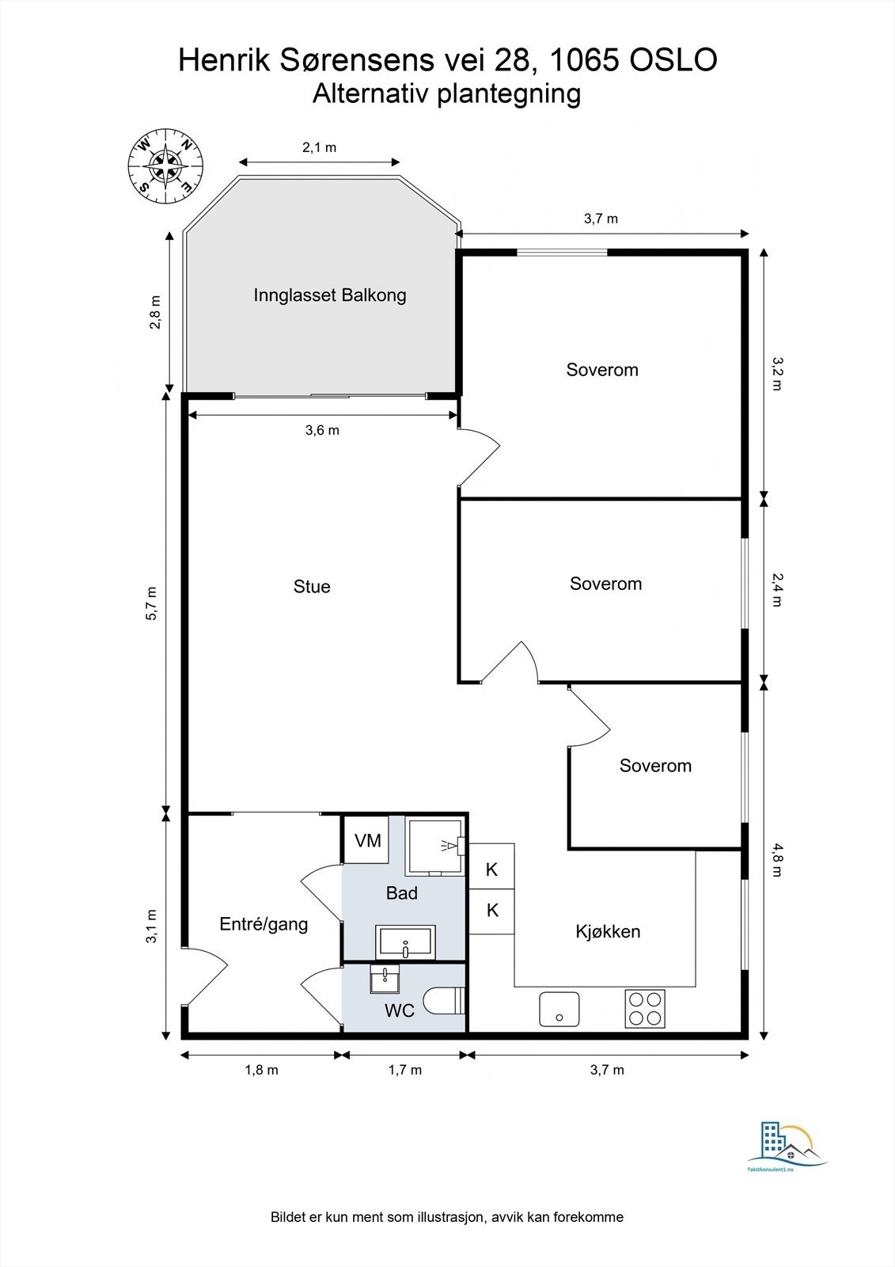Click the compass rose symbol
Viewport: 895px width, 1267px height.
pos(165,166)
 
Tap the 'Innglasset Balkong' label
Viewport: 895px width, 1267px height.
pos(330,295)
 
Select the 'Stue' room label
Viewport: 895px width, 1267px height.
pos(312,587)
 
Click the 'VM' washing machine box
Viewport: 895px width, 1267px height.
pos(367,840)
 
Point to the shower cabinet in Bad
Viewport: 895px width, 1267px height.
pos(435,847)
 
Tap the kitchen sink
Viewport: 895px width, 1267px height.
pos(559,1009)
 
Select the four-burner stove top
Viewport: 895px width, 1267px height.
pos(645,1009)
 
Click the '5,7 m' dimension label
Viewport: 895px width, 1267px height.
pos(151,604)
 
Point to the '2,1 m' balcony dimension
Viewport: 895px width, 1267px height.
pos(319,147)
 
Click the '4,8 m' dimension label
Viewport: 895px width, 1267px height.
pos(777,860)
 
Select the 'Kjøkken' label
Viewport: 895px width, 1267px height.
pos(608,931)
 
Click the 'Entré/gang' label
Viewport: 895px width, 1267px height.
pos(264,924)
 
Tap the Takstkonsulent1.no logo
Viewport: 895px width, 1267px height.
pos(787,1148)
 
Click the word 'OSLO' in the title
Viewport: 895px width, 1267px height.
pos(673,60)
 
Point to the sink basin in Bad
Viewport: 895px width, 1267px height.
pos(405,942)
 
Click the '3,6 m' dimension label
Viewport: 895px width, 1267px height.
pos(322,431)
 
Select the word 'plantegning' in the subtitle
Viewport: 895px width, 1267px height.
pos(510,94)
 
